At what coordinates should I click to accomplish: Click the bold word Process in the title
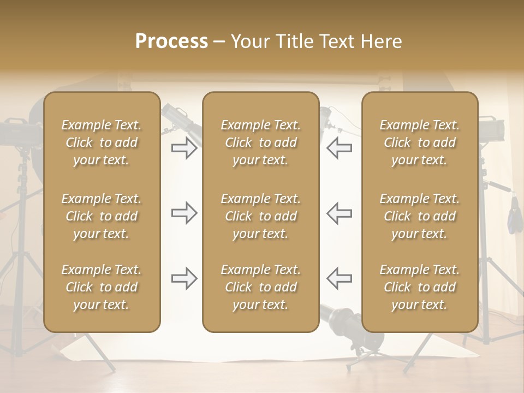[x=171, y=41]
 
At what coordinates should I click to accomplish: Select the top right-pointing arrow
[x=184, y=148]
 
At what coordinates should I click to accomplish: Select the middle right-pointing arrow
[x=184, y=213]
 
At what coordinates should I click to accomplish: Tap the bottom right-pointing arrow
[x=184, y=278]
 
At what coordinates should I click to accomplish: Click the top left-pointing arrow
[x=340, y=148]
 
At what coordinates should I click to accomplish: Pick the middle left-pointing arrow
[x=340, y=213]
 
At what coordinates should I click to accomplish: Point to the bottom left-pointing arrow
[x=340, y=278]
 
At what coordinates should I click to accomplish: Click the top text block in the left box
[x=102, y=142]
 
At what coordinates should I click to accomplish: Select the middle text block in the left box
[x=102, y=216]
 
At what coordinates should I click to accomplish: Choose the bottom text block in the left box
[x=102, y=287]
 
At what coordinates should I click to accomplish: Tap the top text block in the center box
[x=260, y=142]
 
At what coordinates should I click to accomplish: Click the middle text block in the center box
[x=260, y=216]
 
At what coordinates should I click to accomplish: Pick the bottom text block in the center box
[x=260, y=287]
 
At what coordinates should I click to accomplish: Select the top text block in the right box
[x=419, y=142]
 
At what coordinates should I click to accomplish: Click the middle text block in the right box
[x=419, y=216]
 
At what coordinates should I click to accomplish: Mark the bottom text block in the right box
[x=419, y=287]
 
